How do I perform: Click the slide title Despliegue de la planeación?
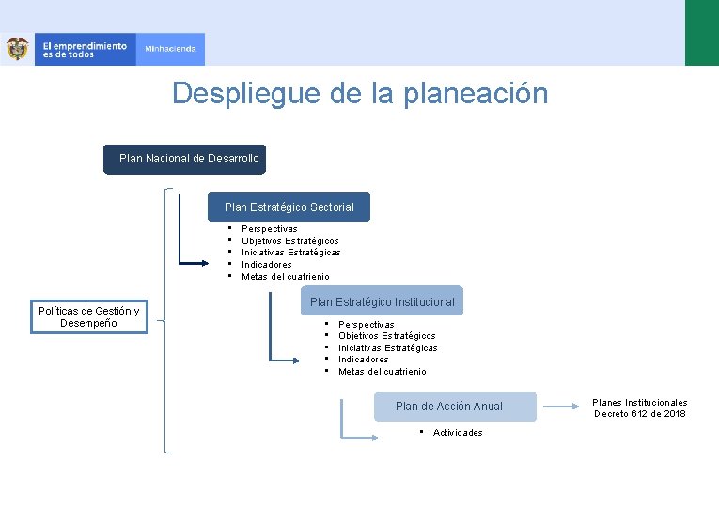pyautogui.click(x=359, y=94)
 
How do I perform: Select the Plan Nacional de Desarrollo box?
pyautogui.click(x=184, y=159)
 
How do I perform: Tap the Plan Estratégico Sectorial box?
pyautogui.click(x=289, y=207)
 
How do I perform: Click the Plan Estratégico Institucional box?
pyautogui.click(x=382, y=301)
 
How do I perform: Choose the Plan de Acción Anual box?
pyautogui.click(x=448, y=406)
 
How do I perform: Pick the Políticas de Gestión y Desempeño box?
pyautogui.click(x=88, y=317)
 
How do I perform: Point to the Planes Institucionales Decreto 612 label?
pyautogui.click(x=639, y=407)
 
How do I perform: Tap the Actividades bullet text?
pyautogui.click(x=458, y=433)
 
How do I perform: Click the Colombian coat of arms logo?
pyautogui.click(x=17, y=49)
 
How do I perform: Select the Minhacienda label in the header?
pyautogui.click(x=170, y=49)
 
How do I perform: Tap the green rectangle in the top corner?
pyautogui.click(x=701, y=33)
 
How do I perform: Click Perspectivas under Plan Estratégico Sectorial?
pyautogui.click(x=269, y=229)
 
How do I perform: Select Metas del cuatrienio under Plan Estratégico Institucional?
pyautogui.click(x=382, y=372)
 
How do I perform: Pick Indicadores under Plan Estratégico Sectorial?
pyautogui.click(x=266, y=265)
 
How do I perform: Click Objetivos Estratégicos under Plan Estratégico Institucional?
pyautogui.click(x=386, y=336)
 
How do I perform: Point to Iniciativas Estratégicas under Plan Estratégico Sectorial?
pyautogui.click(x=290, y=253)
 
